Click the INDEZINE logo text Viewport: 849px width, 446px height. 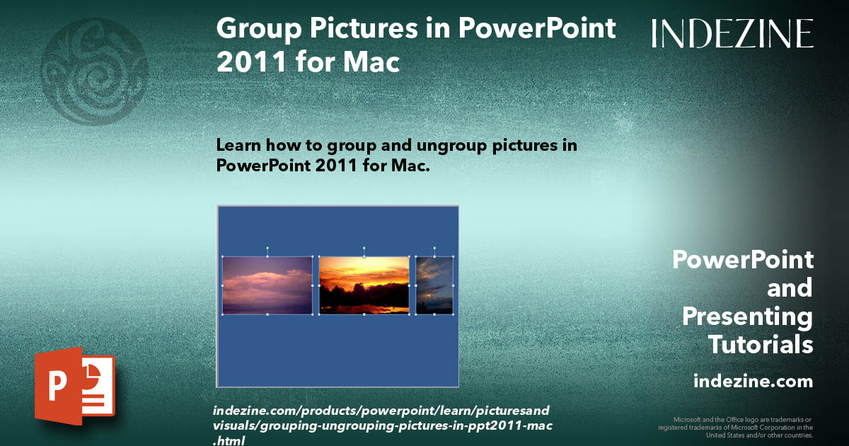coord(732,33)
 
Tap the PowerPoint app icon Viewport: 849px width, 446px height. coord(75,386)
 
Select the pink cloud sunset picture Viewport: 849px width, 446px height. coord(267,285)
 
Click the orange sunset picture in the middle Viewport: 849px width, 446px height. coord(364,285)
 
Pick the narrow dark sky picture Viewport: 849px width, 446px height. coord(434,285)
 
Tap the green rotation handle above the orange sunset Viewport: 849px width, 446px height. coord(364,248)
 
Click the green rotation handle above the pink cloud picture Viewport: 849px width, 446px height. coord(267,248)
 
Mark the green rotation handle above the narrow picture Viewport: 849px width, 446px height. coord(434,248)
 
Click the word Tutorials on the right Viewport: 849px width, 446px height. coord(761,345)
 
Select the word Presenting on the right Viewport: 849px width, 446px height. coord(747,316)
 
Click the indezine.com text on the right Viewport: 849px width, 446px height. coord(753,382)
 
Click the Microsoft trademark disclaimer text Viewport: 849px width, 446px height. coord(736,427)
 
